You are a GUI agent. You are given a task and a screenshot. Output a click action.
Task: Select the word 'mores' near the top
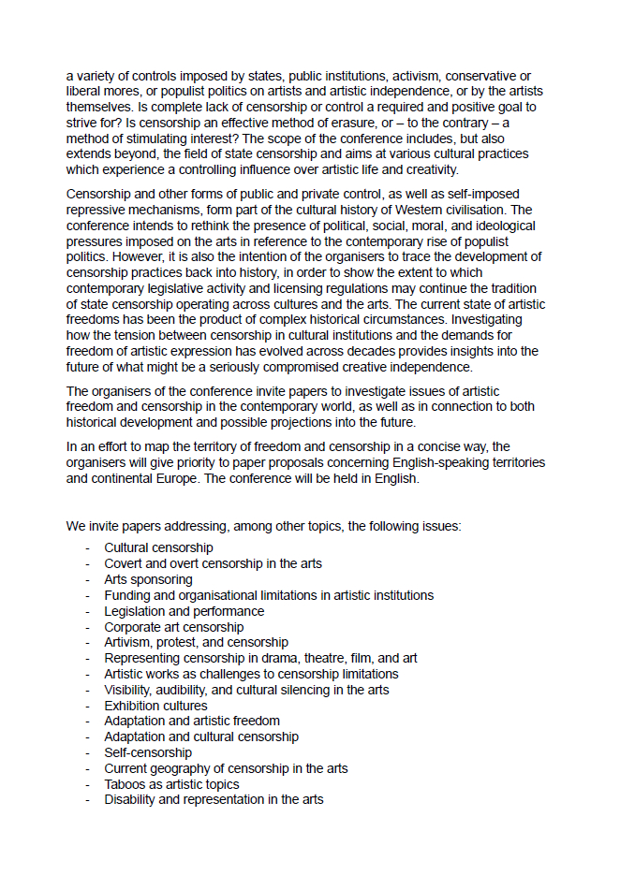click(108, 92)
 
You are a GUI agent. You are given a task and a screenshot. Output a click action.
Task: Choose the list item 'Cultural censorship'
click(158, 547)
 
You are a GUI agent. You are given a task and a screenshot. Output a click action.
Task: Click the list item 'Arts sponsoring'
click(148, 579)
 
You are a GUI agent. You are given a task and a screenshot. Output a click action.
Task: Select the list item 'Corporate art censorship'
click(173, 627)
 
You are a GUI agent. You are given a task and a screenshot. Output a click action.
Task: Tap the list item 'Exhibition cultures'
click(155, 706)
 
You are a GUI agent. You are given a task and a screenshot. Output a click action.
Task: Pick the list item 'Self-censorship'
click(148, 752)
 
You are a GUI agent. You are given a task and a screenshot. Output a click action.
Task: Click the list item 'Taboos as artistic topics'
click(171, 784)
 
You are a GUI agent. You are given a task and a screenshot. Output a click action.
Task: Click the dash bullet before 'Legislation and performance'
click(88, 611)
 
